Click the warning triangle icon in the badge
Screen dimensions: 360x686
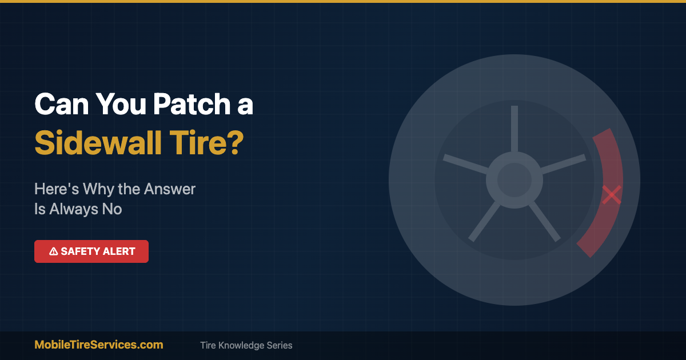[53, 251]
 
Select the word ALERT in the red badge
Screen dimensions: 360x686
[117, 251]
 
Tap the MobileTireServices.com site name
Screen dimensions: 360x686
[99, 345]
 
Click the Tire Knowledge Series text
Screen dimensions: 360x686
[246, 345]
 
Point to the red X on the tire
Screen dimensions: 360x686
[612, 195]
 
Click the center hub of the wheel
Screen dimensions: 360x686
[514, 180]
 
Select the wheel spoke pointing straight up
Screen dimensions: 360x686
[514, 129]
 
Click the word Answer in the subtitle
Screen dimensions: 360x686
[170, 189]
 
